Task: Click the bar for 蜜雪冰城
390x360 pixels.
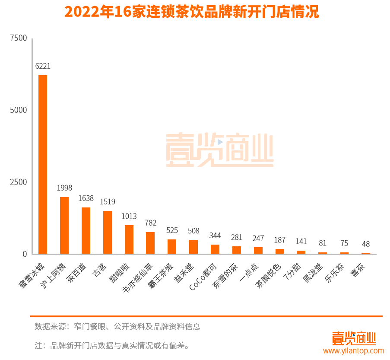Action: [43, 164]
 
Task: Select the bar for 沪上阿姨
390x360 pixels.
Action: [64, 225]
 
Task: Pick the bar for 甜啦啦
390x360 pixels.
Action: [129, 239]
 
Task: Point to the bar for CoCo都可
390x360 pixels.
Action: [215, 249]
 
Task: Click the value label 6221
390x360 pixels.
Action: [43, 66]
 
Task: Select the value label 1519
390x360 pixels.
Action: [108, 202]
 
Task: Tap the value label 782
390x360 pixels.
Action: [150, 223]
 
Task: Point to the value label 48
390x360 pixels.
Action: [366, 244]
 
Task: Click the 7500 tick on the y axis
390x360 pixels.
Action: [19, 38]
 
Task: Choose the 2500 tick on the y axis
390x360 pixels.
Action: [19, 182]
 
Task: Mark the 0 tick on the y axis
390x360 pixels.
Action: [25, 254]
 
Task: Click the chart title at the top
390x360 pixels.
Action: [192, 12]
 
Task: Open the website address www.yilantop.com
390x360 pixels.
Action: [354, 351]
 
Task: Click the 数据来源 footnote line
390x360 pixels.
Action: [117, 327]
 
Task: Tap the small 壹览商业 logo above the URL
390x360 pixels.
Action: [354, 338]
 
